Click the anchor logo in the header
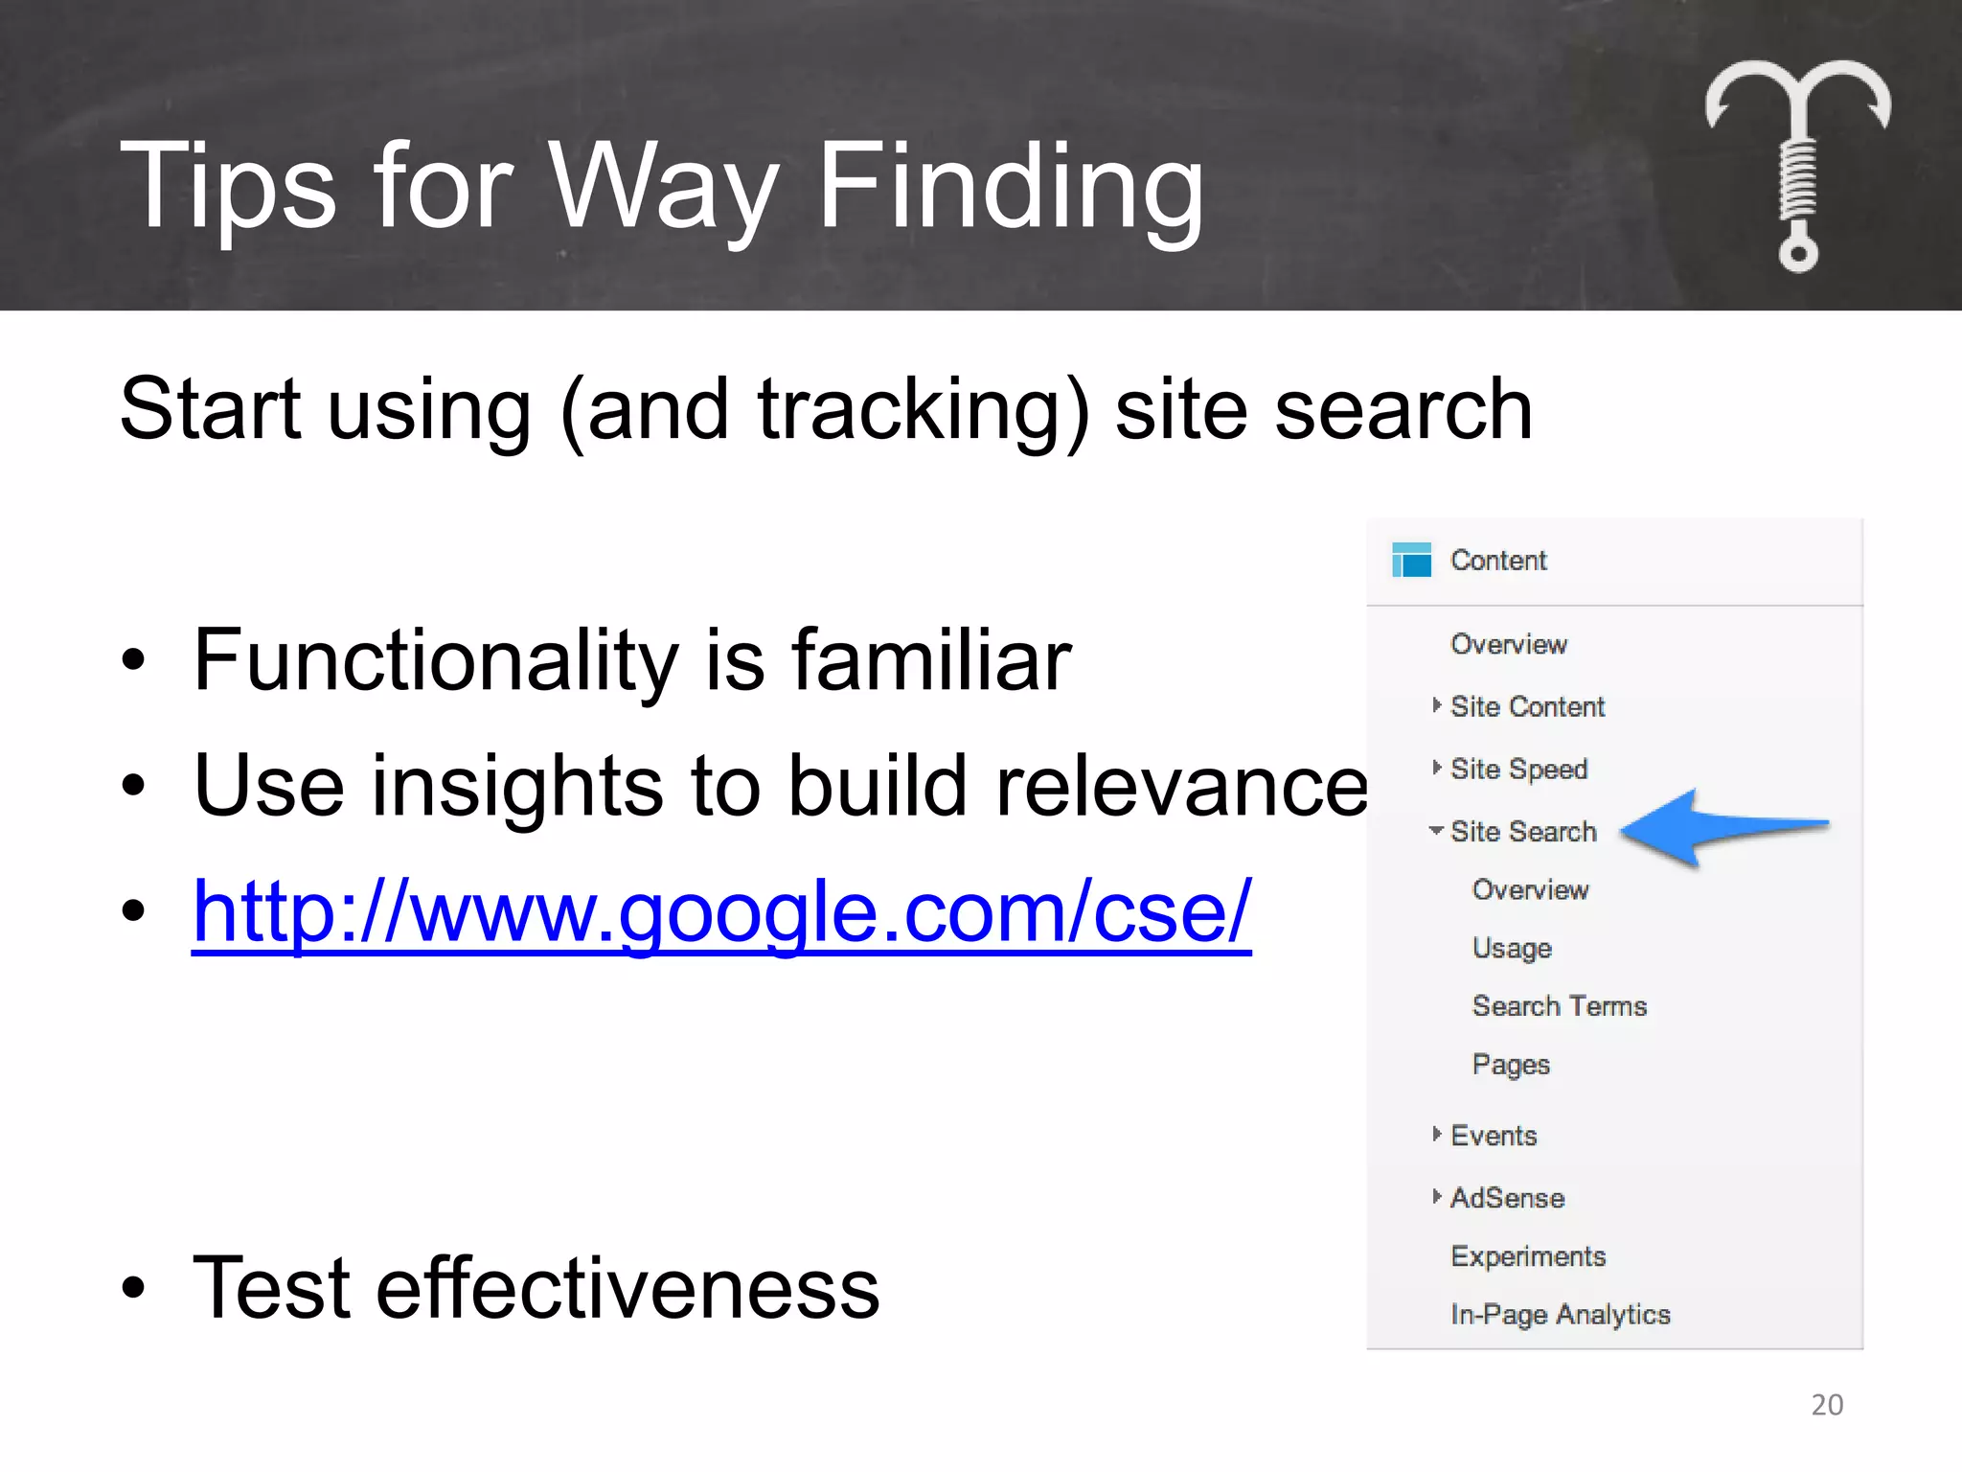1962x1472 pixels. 1797,163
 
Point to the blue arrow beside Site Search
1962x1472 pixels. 1722,829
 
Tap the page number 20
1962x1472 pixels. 1827,1404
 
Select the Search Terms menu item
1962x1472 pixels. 1559,1006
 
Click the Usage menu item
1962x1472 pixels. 1512,948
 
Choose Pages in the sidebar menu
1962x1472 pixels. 1511,1065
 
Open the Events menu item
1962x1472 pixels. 1494,1136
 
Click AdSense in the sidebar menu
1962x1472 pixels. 1507,1198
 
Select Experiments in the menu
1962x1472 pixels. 1528,1256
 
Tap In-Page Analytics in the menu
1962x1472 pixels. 1560,1315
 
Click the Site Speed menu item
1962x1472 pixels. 1518,769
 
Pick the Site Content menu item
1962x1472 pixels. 1527,706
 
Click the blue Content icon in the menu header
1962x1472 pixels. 1411,560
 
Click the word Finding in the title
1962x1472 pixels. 1010,187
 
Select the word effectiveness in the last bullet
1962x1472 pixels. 627,1288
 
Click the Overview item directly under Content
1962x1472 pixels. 1509,644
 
